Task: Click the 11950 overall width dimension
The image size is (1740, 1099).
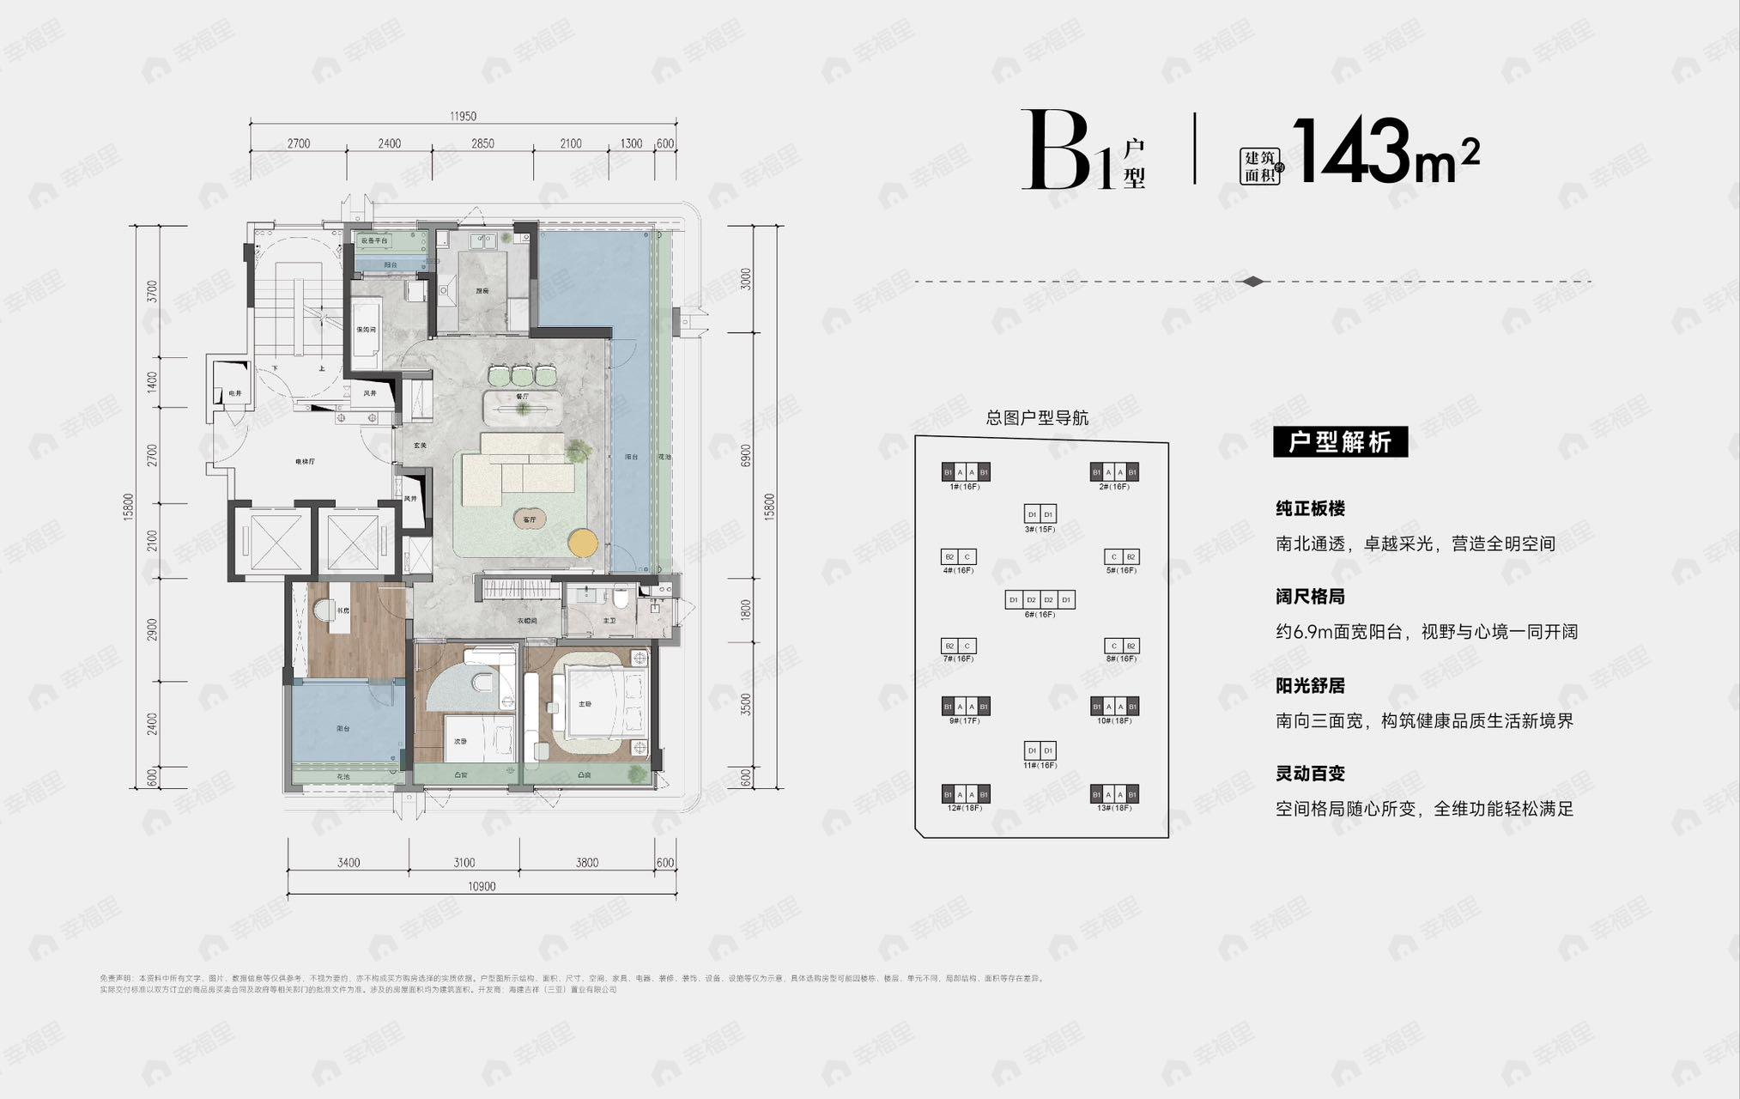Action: pyautogui.click(x=462, y=117)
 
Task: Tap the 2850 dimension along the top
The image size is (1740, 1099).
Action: pyautogui.click(x=482, y=143)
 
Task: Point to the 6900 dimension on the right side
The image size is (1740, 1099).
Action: pyautogui.click(x=746, y=456)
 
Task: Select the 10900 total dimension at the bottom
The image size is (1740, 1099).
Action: pyautogui.click(x=482, y=887)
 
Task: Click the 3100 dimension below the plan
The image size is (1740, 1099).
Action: pyautogui.click(x=464, y=863)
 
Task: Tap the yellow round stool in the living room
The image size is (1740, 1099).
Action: pyautogui.click(x=583, y=542)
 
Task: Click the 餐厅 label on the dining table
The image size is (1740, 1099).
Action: pyautogui.click(x=522, y=397)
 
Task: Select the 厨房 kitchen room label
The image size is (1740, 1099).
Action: pyautogui.click(x=482, y=291)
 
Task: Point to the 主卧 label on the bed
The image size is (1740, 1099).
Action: pyautogui.click(x=585, y=704)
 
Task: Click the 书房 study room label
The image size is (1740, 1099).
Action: pyautogui.click(x=343, y=611)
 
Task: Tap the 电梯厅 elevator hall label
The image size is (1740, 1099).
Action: pyautogui.click(x=306, y=462)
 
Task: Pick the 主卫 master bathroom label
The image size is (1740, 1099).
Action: pyautogui.click(x=609, y=621)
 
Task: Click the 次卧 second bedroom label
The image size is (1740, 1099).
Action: pyautogui.click(x=460, y=742)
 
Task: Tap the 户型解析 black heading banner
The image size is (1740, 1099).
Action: pyautogui.click(x=1340, y=442)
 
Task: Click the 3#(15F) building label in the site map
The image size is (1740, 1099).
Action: pyautogui.click(x=1040, y=529)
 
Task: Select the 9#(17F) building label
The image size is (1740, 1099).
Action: pyautogui.click(x=965, y=720)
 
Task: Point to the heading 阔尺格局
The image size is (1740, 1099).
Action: pyautogui.click(x=1310, y=597)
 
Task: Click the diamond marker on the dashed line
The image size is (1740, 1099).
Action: pyautogui.click(x=1253, y=282)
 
